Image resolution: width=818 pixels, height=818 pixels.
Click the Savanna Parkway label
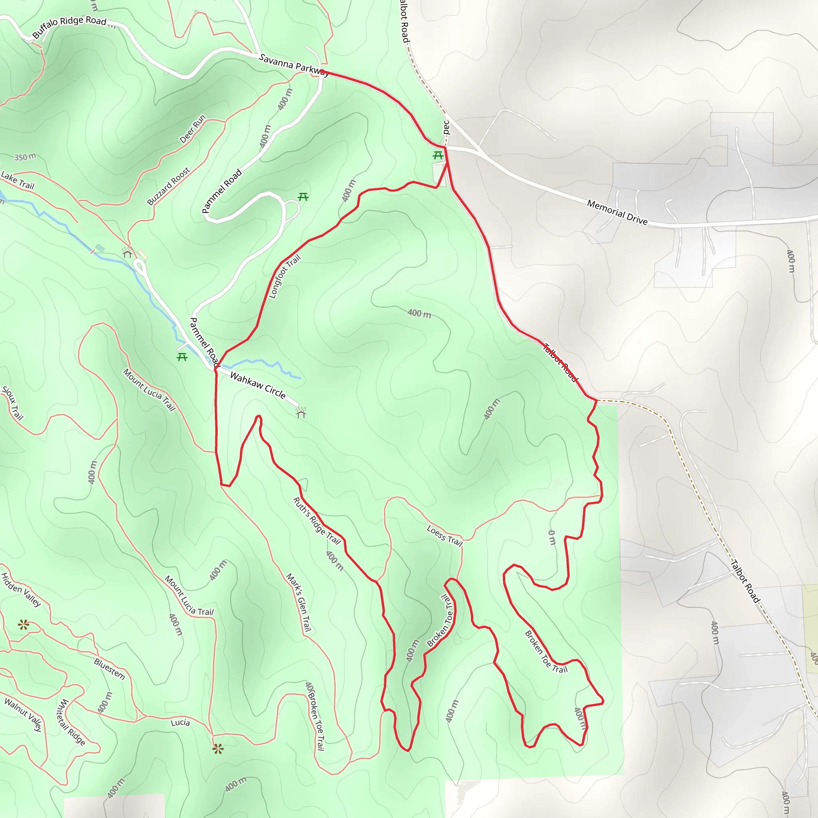point(294,65)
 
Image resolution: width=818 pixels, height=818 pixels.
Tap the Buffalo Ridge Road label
point(69,26)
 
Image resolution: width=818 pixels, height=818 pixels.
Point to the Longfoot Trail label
point(284,276)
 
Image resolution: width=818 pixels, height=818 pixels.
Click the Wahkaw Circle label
point(258,385)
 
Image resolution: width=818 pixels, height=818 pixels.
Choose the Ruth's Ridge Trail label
point(317,520)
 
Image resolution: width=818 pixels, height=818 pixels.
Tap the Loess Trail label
point(444,536)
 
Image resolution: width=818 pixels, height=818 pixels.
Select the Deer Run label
point(193,129)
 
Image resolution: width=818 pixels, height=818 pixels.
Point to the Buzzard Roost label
point(169,186)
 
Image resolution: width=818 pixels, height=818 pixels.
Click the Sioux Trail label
point(12,403)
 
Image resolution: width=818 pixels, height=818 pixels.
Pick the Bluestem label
point(109,669)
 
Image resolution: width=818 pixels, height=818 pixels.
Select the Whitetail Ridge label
point(71,722)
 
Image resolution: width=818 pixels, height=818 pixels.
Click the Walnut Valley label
point(23,715)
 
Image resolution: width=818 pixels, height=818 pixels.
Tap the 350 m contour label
point(25,157)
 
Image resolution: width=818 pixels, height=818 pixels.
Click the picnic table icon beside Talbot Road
point(438,156)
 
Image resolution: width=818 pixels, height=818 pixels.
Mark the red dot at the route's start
point(322,71)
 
